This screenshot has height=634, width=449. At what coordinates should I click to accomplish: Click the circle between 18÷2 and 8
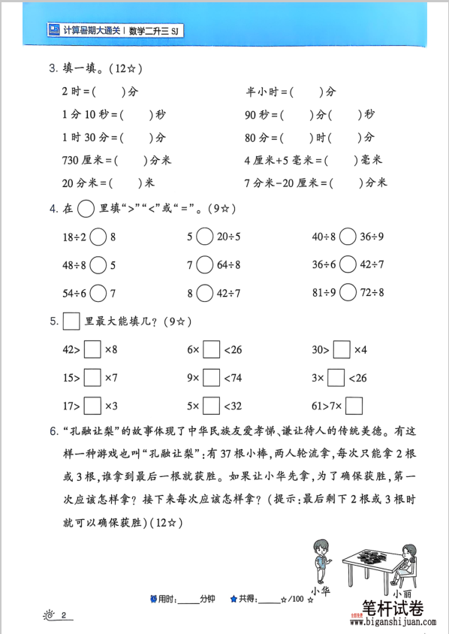99,237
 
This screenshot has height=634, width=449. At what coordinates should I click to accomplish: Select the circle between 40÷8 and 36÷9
347,237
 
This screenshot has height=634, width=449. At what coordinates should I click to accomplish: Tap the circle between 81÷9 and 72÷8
347,293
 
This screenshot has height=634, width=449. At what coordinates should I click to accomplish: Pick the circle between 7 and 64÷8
205,265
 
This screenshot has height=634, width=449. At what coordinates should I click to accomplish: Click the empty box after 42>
92,349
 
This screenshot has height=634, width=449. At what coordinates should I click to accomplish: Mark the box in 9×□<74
212,377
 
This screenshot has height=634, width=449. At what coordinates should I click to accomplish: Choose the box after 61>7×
354,406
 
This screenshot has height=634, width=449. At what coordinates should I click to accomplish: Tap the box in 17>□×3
92,406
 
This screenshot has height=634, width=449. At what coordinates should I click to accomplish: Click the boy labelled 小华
321,560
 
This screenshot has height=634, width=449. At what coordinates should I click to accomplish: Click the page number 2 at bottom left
65,616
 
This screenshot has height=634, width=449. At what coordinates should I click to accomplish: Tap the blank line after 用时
189,599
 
